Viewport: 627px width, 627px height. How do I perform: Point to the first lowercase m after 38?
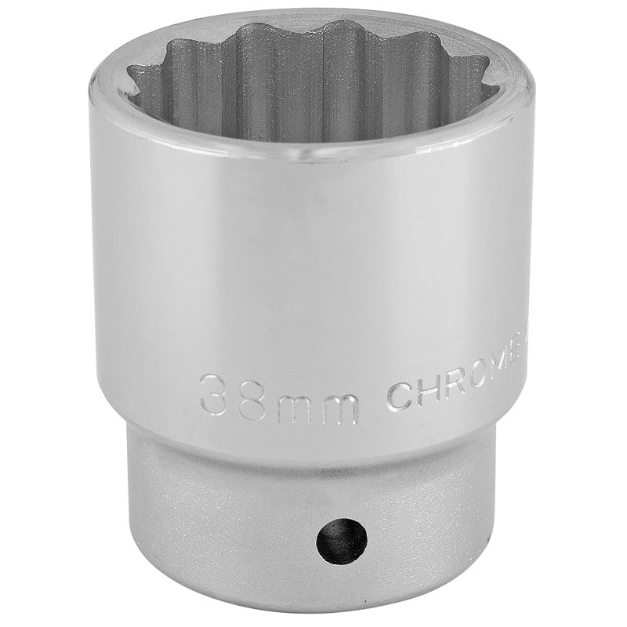294,408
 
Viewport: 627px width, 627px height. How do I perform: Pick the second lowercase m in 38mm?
339,408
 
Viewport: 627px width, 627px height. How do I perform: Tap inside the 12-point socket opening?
313,86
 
